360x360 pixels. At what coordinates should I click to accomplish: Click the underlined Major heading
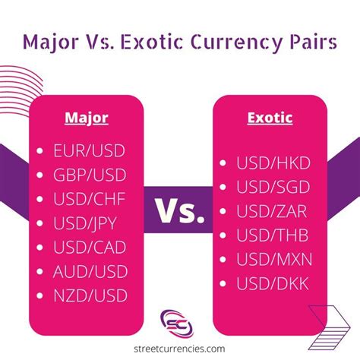pyautogui.click(x=87, y=118)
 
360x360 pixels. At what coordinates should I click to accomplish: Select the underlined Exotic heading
pyautogui.click(x=271, y=118)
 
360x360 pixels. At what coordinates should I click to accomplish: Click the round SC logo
pyautogui.click(x=180, y=322)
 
